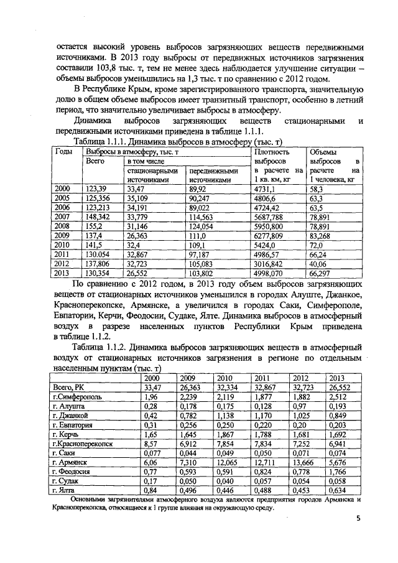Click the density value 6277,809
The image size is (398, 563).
pos(272,236)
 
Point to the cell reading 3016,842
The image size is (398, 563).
pos(271,263)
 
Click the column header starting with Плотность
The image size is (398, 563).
pos(273,151)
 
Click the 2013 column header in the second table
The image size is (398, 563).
pos(336,378)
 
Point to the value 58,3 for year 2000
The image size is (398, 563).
pos(316,188)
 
